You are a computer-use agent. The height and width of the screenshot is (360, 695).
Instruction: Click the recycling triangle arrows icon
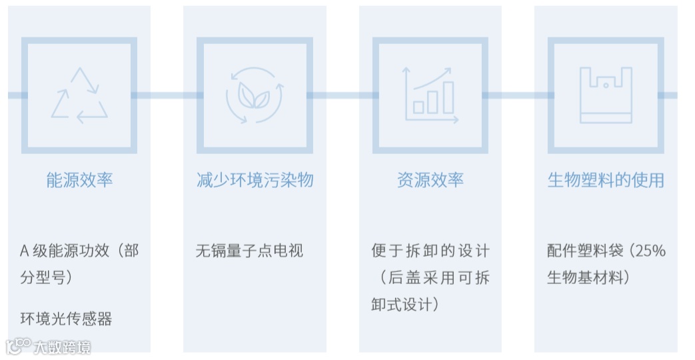79,95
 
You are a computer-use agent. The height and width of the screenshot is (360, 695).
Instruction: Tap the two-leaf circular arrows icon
254,95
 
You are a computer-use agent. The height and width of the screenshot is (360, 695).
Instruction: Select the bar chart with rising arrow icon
430,95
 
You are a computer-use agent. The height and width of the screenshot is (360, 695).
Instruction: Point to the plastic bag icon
605,95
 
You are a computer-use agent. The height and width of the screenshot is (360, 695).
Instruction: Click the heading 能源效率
79,180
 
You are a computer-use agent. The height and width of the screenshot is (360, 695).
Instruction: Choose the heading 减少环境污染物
255,180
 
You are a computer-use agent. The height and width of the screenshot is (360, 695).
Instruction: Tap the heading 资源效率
430,180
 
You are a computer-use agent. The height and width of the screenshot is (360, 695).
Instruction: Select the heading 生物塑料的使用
606,180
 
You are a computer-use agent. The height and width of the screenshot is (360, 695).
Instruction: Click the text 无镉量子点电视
249,251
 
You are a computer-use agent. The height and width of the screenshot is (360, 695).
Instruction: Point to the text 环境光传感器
66,319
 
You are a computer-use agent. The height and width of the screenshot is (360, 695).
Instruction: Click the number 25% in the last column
650,251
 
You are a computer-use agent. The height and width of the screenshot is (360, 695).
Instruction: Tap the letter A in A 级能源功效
25,251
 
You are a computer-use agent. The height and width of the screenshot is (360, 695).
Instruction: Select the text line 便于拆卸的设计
430,251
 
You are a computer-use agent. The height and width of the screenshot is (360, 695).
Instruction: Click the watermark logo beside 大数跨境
18,345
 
